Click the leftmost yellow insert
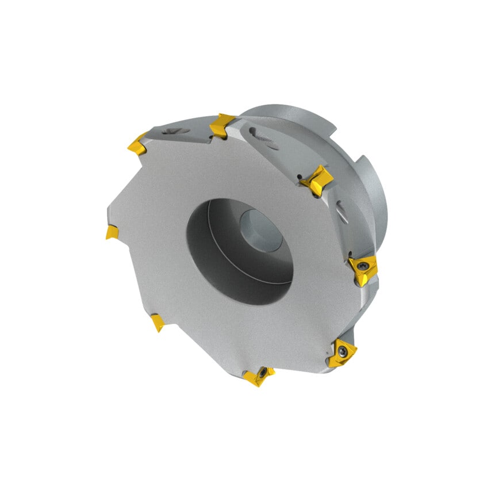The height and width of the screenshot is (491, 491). pyautogui.click(x=112, y=232)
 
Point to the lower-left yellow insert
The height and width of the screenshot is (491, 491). pyautogui.click(x=157, y=323)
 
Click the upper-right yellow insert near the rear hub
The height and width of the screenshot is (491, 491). pyautogui.click(x=317, y=180)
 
